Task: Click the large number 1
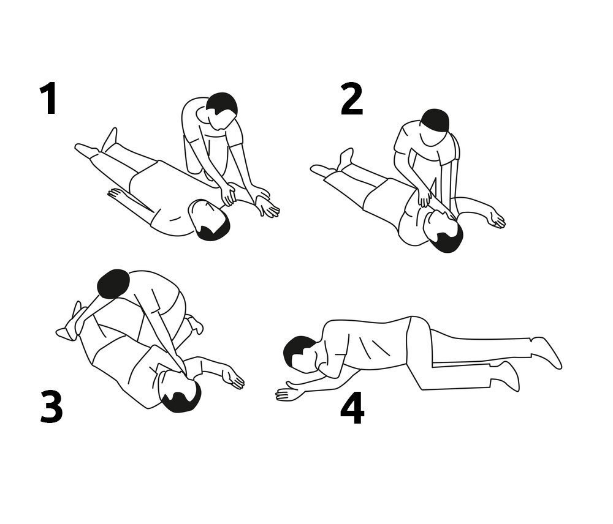(49, 99)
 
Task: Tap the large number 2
(352, 99)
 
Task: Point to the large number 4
(352, 408)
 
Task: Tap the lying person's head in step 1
(208, 220)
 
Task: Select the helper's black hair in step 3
(113, 284)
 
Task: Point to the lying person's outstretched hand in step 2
(496, 219)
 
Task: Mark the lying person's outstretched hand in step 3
(233, 378)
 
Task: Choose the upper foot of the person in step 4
(547, 351)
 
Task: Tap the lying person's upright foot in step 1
(109, 140)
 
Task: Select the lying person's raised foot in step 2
(346, 158)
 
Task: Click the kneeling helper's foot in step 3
(195, 323)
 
